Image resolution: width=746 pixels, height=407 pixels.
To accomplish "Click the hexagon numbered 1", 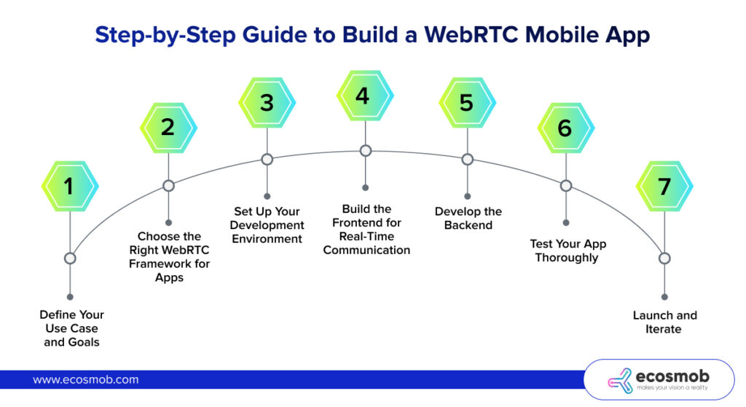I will [69, 186].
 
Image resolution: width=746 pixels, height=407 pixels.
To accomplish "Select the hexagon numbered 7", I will [664, 186].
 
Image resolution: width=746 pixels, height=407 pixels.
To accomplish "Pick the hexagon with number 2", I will [168, 127].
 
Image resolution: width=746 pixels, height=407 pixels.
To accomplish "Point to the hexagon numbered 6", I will [565, 128].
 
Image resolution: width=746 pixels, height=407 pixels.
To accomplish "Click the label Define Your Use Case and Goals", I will [71, 328].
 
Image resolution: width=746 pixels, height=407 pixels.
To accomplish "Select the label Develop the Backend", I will [468, 218].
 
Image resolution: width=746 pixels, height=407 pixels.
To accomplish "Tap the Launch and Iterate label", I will [664, 322].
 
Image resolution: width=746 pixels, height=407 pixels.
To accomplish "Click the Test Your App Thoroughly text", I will [568, 250].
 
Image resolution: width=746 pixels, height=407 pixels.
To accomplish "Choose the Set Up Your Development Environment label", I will [267, 225].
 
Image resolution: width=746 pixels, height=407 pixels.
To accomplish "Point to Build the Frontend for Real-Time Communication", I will [366, 229].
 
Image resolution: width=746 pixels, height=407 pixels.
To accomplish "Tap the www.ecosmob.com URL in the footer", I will [86, 380].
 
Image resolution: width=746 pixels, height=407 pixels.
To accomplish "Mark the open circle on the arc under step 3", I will [267, 159].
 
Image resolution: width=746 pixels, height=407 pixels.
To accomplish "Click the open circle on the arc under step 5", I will [468, 159].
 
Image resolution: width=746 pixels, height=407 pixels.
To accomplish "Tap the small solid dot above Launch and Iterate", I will [664, 297].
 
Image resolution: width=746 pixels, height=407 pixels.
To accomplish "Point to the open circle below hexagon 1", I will [70, 258].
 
